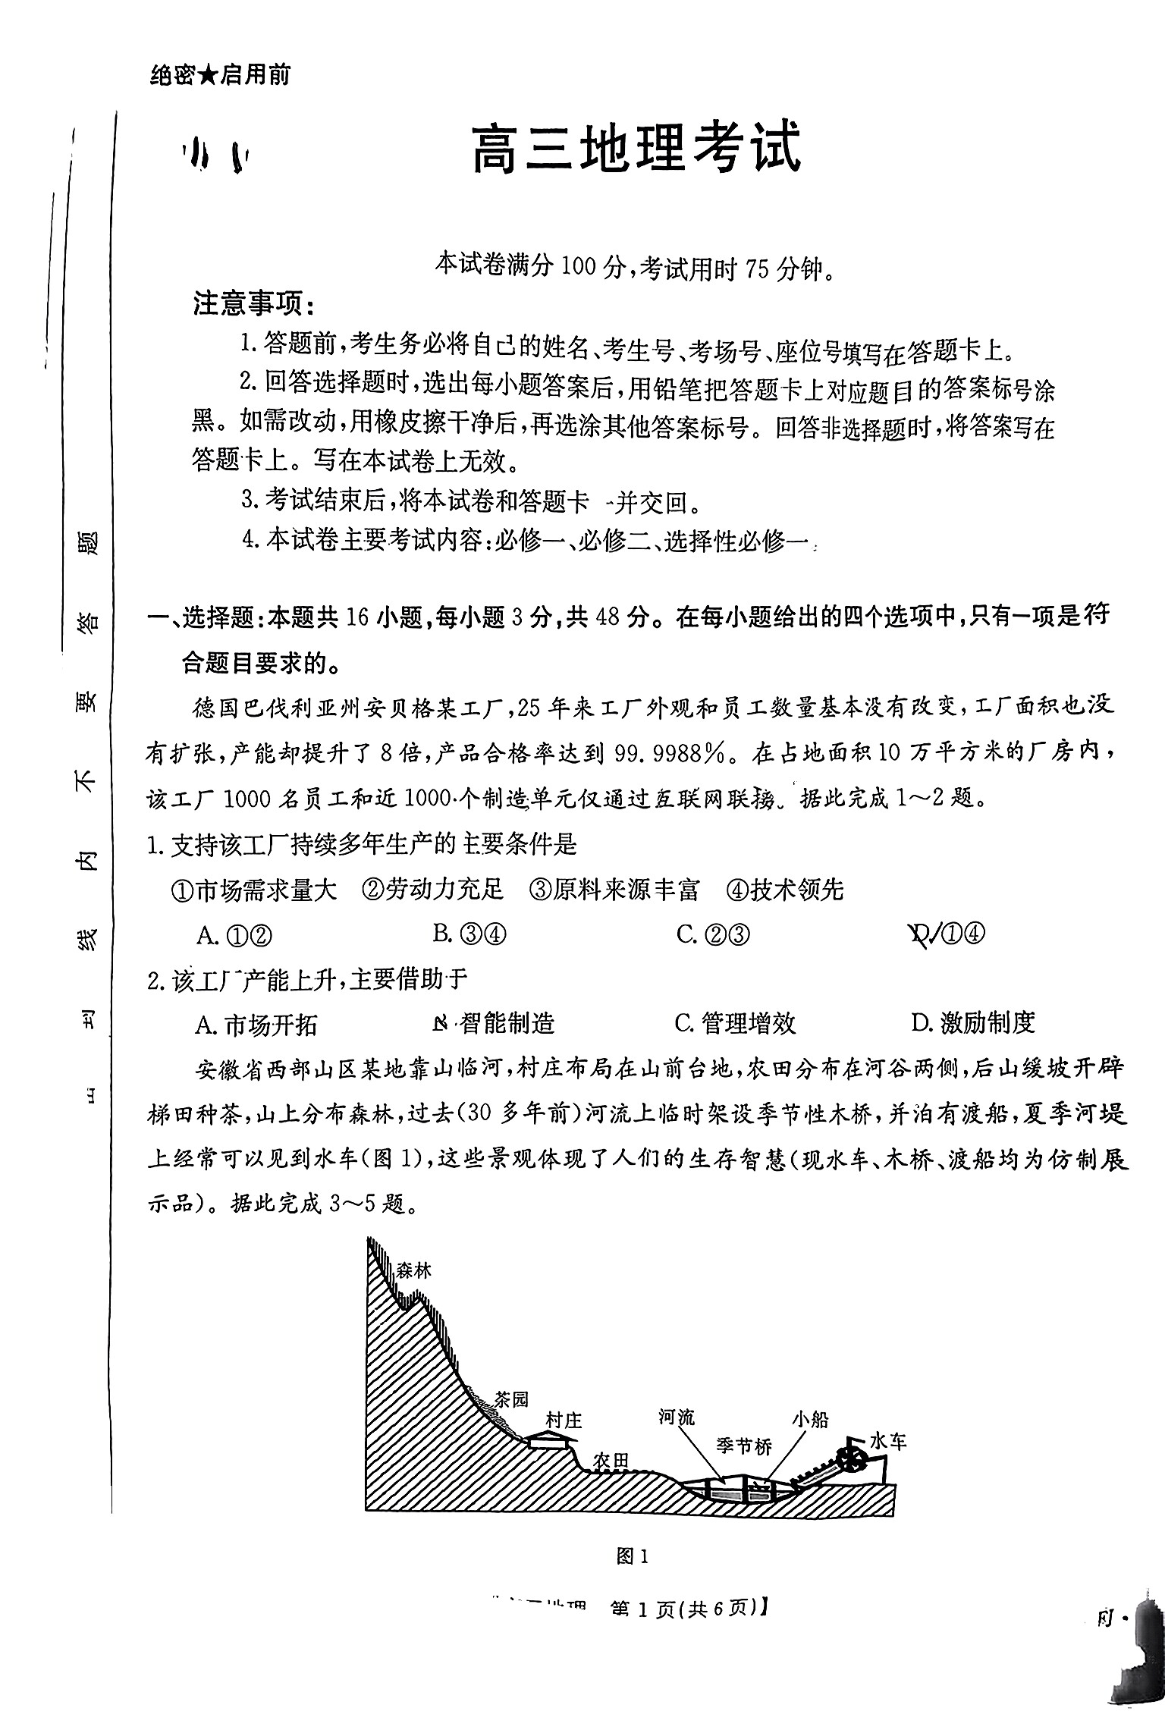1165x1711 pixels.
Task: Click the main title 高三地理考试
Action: [636, 150]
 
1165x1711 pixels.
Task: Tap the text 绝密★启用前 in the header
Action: [220, 75]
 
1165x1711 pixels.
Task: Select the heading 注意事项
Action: [253, 305]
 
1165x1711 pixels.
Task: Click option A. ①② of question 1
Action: [234, 935]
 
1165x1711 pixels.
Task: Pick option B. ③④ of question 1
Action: [469, 934]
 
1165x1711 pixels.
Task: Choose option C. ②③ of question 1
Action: [712, 934]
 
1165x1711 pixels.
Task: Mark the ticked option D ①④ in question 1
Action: [948, 934]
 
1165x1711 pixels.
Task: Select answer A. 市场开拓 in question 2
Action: [256, 1025]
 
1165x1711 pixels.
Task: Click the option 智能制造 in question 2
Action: [494, 1024]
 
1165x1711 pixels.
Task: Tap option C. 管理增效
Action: [734, 1023]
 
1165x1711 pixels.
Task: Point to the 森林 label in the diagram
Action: [413, 1270]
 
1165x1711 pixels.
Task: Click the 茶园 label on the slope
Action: [510, 1399]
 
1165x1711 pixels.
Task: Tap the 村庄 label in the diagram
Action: [564, 1420]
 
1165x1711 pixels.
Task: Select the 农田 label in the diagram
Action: [611, 1461]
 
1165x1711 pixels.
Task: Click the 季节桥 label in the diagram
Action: [743, 1447]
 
